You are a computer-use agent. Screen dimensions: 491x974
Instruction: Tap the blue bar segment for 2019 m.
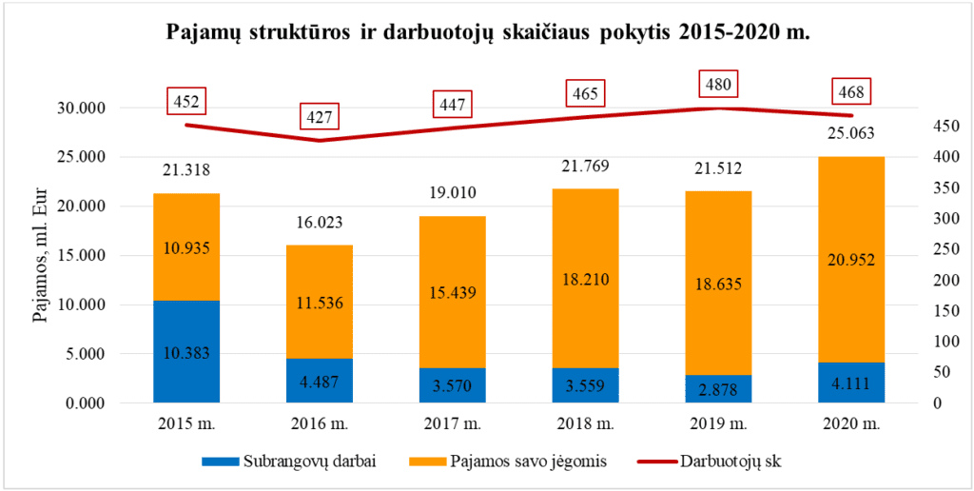[718, 388]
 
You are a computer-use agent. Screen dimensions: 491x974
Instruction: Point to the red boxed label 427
[320, 117]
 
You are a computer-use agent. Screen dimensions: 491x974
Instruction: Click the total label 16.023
[320, 224]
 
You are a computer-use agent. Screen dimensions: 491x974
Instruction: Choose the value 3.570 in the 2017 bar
[453, 386]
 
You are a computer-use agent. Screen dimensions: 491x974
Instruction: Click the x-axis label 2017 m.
[453, 422]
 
